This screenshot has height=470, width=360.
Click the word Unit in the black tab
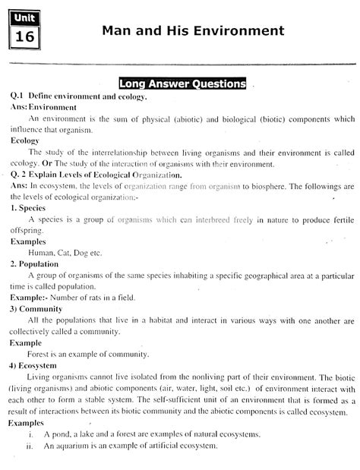23,19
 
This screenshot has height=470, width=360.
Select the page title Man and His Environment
192,31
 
